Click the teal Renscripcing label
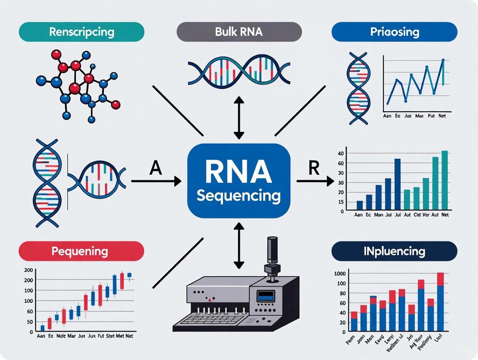point(82,32)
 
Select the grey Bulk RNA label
point(239,32)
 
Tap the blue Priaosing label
point(394,32)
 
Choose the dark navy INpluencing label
point(394,251)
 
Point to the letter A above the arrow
point(155,167)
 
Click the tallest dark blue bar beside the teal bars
point(397,184)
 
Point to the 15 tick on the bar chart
point(342,202)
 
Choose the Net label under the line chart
point(442,116)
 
